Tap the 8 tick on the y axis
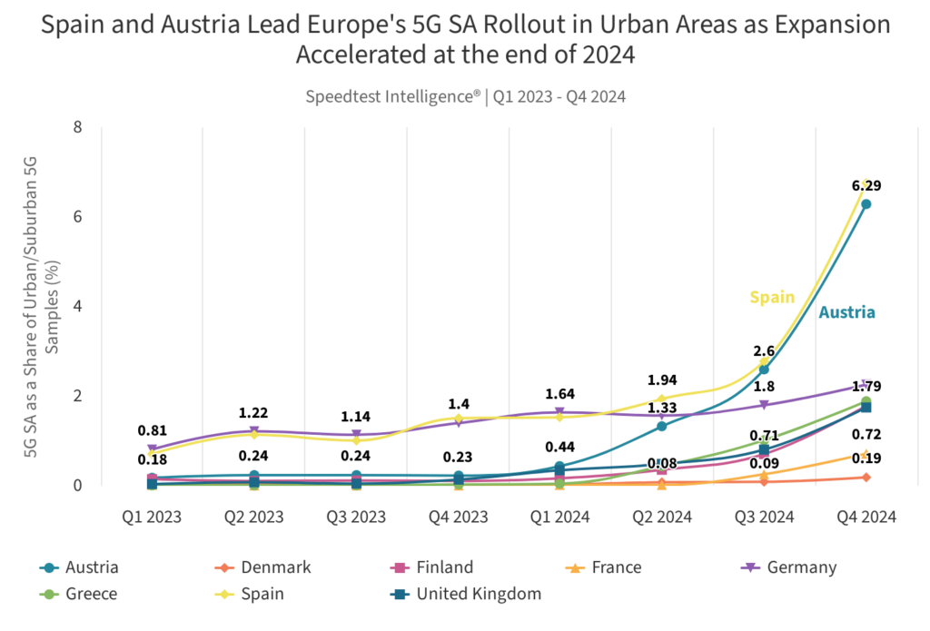coord(77,127)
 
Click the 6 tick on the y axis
coord(77,216)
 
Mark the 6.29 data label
coord(866,185)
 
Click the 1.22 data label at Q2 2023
coord(253,412)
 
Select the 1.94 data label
coord(662,380)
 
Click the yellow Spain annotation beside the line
coord(772,297)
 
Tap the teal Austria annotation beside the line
coord(846,312)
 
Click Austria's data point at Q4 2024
coord(866,204)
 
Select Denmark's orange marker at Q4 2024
coord(866,477)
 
